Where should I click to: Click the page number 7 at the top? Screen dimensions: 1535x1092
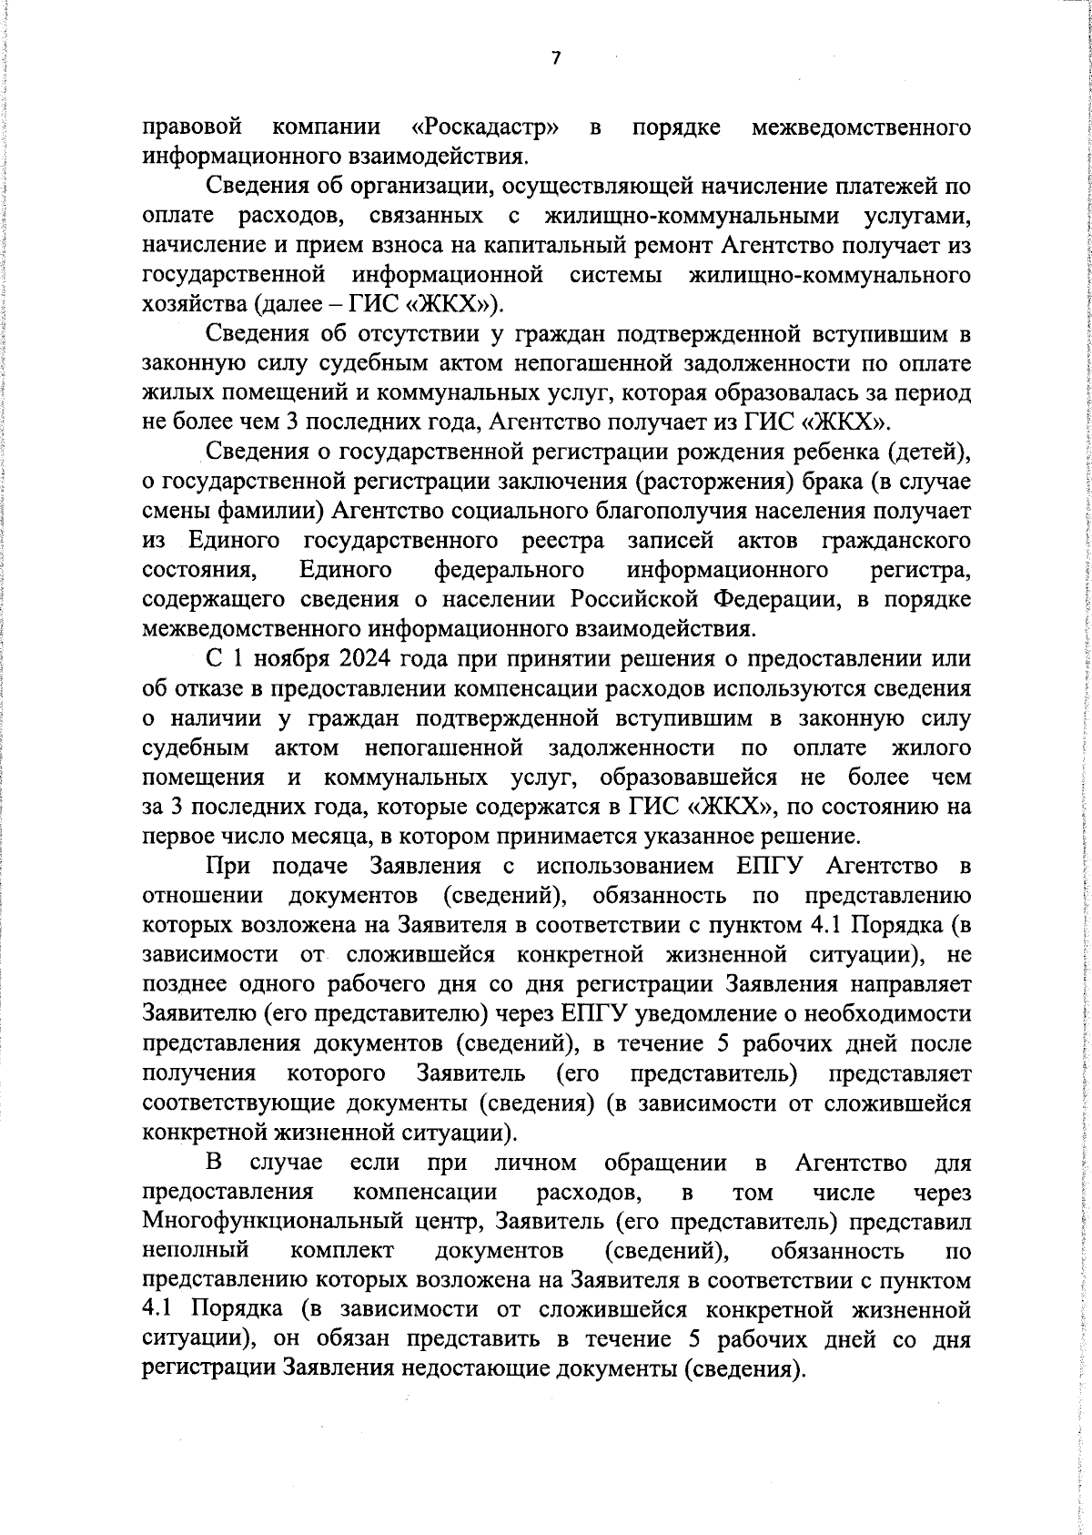556,59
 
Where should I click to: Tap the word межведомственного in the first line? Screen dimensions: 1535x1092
861,127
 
